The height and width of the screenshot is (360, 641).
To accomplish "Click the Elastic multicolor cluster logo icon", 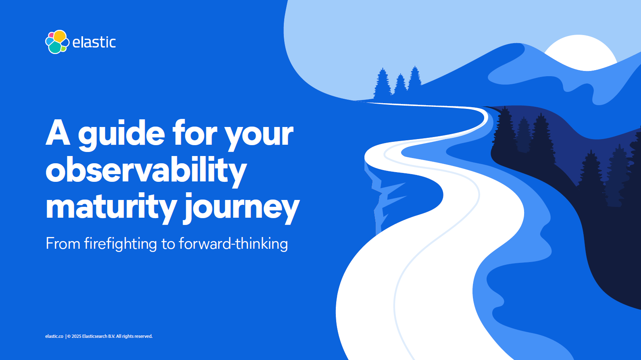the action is pos(57,42).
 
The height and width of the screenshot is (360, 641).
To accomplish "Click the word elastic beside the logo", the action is pos(94,42).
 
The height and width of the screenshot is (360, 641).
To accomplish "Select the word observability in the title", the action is pos(146,171).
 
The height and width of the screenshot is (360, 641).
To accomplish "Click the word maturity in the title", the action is pos(111,207).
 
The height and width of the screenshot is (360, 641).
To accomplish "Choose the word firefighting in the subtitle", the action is pos(121,244).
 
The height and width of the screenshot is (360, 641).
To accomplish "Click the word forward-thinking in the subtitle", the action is pos(233,244).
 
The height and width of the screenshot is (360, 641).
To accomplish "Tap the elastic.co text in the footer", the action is pos(54,336).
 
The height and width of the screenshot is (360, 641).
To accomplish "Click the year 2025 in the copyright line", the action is pos(77,336).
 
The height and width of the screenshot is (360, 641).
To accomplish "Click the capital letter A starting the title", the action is pos(58,133).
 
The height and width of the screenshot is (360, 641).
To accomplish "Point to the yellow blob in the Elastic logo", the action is pos(60,36).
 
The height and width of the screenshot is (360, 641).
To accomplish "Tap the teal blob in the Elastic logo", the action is pos(55,48).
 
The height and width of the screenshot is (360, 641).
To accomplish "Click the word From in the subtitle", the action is pos(63,244).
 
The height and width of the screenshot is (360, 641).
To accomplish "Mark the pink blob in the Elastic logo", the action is pos(51,35).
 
